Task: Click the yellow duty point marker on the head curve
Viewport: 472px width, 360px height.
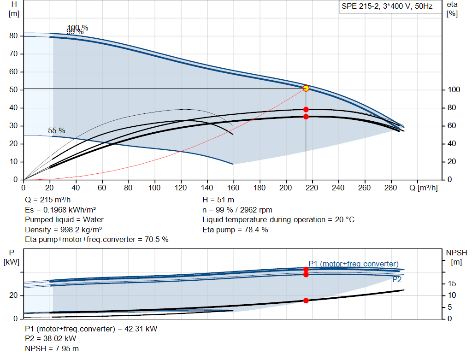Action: pos(306,88)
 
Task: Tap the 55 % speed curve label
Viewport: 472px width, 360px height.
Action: pos(57,130)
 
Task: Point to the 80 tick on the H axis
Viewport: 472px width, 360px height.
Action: pos(13,36)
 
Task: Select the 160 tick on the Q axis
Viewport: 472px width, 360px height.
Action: pos(233,188)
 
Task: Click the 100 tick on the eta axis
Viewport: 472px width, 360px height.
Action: pos(454,90)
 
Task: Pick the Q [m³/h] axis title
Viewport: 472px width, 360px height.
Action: pos(423,188)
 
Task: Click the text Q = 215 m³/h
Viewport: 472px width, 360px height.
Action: pos(48,200)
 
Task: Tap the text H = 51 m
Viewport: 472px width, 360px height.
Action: pos(218,200)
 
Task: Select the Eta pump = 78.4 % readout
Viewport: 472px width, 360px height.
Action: pos(235,230)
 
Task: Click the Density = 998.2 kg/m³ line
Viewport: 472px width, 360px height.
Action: pos(63,230)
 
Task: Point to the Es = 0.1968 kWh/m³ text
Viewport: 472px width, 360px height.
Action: pos(60,210)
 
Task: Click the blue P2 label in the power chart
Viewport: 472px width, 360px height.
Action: pos(397,280)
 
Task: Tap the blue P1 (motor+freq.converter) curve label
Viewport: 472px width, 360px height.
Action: pos(354,264)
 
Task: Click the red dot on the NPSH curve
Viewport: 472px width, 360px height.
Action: pos(306,301)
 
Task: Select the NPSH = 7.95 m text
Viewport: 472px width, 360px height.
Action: pos(52,348)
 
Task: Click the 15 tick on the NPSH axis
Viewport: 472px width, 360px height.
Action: pos(452,284)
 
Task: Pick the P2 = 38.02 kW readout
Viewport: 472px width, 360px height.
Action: pos(51,339)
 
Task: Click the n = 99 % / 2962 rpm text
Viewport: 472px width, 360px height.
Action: pos(237,210)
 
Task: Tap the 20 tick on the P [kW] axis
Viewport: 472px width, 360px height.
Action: pos(13,295)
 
